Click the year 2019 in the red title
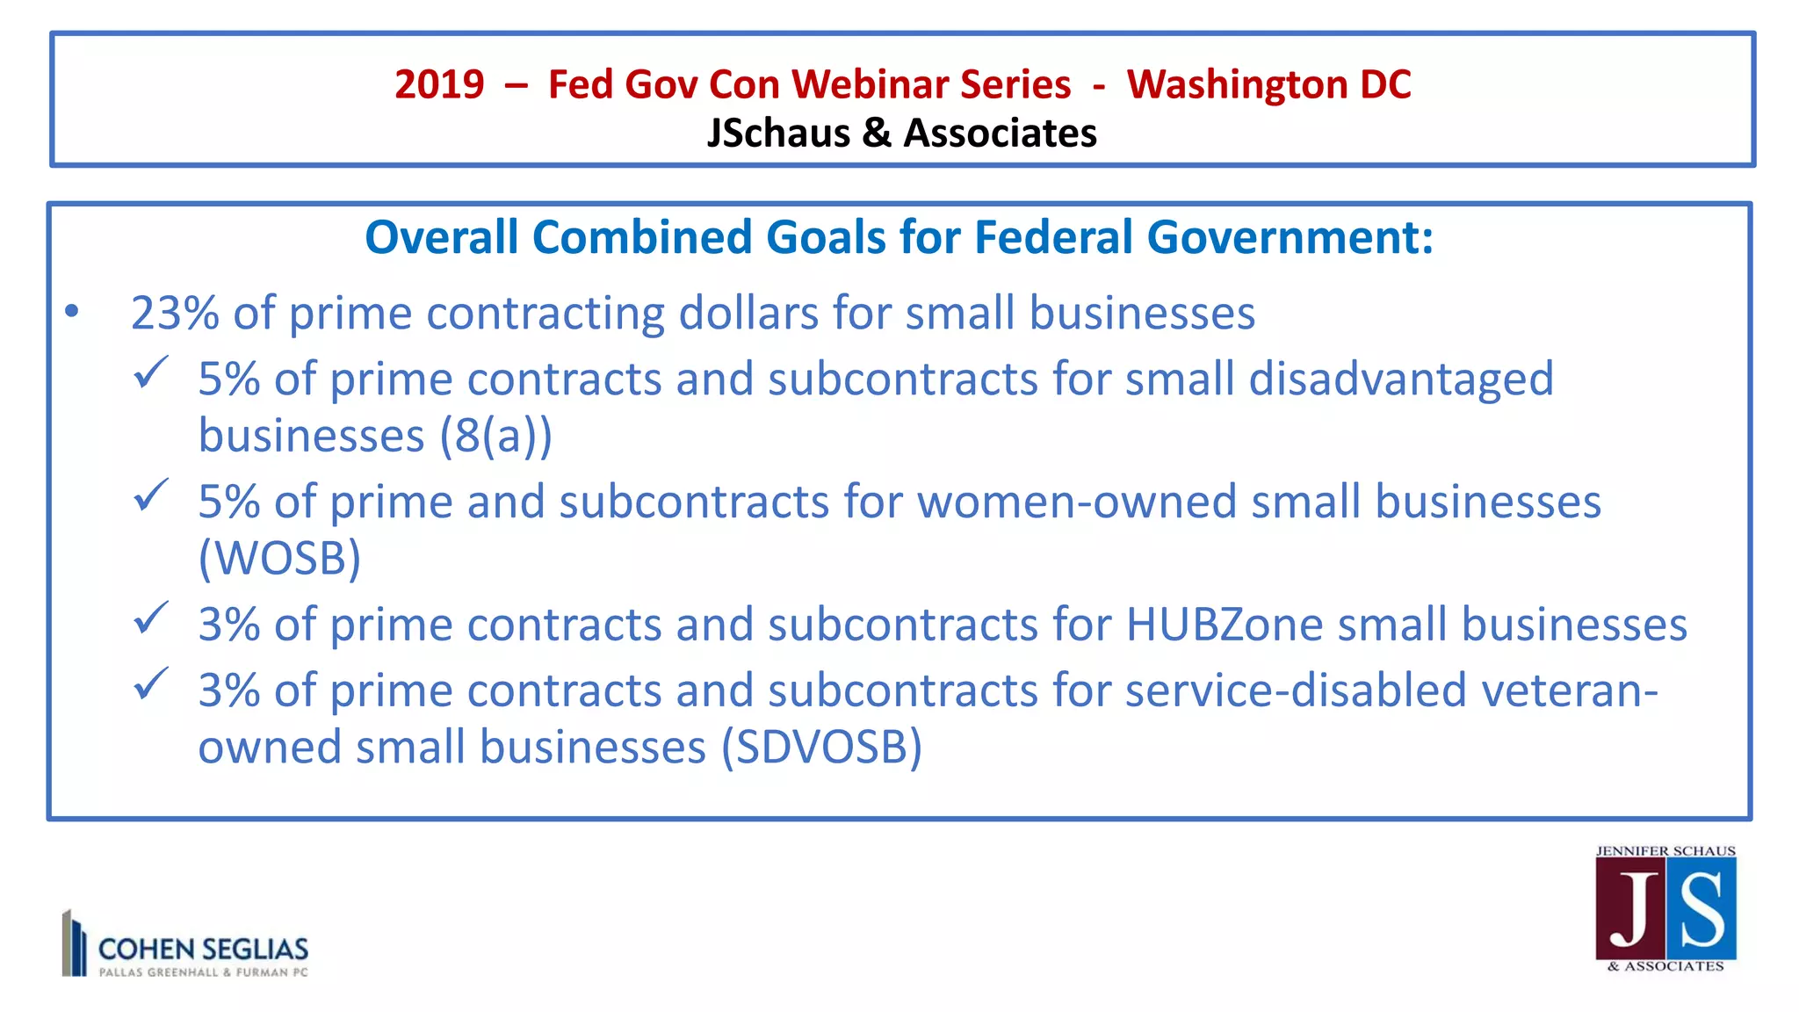[439, 85]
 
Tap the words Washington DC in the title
[1268, 85]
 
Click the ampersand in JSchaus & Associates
[876, 134]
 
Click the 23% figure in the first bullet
[175, 313]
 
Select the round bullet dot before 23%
[72, 311]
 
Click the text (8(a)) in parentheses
[495, 436]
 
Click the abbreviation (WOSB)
[279, 558]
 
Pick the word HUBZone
[1224, 625]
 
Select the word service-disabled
[1296, 690]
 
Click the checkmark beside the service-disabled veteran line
[150, 684]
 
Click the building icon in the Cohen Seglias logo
[74, 943]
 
